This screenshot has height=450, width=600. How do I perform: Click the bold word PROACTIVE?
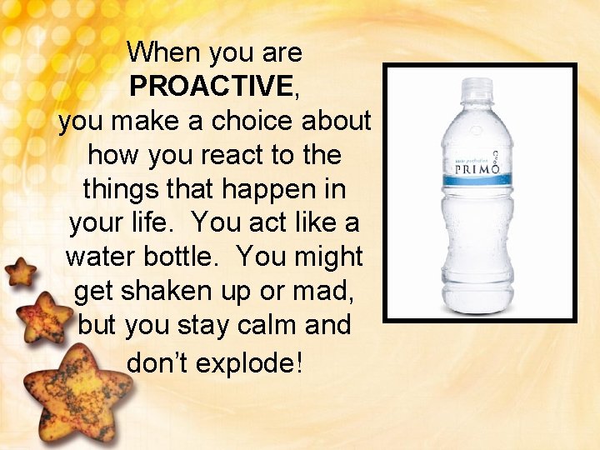(x=210, y=87)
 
